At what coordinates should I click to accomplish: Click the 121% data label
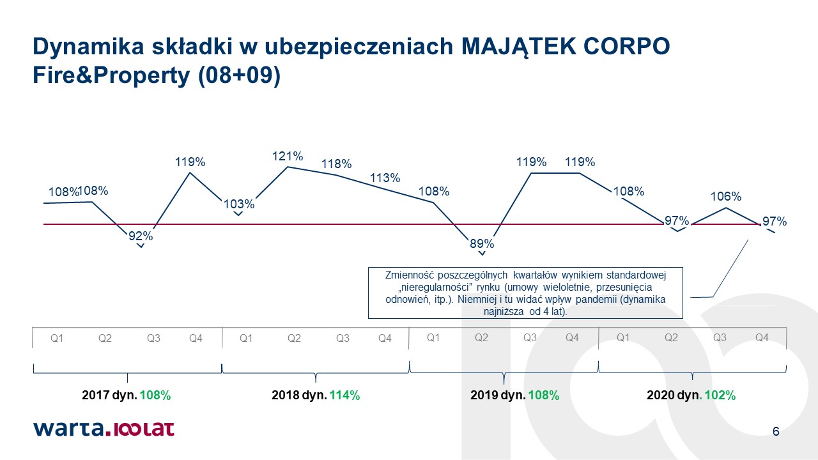(288, 157)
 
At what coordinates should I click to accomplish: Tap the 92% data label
(141, 236)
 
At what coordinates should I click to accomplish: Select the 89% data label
(482, 243)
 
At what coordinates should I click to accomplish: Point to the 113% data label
(385, 178)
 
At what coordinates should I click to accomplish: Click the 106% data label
(726, 196)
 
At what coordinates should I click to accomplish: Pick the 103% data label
(239, 204)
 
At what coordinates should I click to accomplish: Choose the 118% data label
(336, 164)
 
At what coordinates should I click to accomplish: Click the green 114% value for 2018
(344, 395)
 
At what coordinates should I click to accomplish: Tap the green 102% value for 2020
(720, 395)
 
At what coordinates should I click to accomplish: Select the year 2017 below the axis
(95, 395)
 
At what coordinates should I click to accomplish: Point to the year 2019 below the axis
(484, 395)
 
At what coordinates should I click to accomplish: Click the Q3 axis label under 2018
(343, 339)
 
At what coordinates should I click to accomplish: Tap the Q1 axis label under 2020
(623, 338)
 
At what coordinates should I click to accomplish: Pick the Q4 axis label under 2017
(196, 339)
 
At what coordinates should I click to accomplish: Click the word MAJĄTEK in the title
(518, 47)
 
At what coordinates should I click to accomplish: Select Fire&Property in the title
(111, 75)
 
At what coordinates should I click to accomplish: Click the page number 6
(776, 431)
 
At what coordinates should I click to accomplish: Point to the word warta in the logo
(68, 429)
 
